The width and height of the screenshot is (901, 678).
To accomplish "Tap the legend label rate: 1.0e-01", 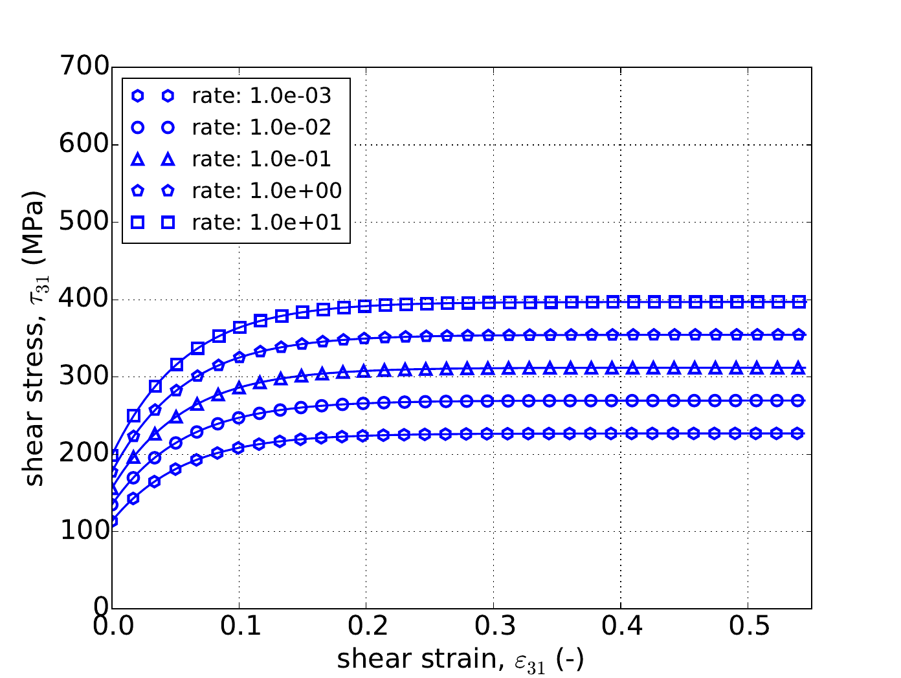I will tap(261, 159).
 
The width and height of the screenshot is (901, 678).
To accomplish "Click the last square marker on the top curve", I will tap(799, 301).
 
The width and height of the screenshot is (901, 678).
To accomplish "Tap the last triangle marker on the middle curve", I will tap(799, 368).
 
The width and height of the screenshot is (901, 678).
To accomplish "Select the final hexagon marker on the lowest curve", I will tap(799, 433).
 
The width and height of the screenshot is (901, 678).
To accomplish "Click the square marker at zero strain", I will tap(113, 455).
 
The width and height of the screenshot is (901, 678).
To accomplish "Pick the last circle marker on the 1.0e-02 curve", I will tap(799, 401).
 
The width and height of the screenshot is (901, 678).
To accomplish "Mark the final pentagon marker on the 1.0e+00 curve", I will tap(799, 334).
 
